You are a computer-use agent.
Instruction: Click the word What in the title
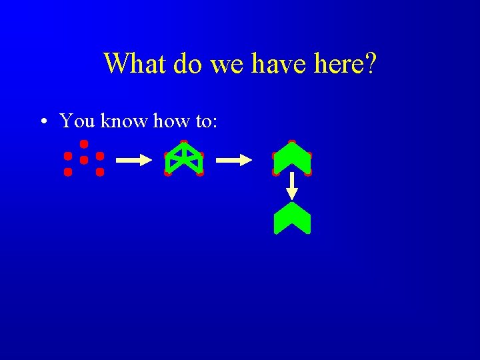click(x=135, y=64)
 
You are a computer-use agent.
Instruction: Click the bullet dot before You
click(x=43, y=122)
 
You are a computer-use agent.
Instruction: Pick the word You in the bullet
click(x=77, y=121)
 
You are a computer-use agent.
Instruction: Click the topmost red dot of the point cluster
click(x=84, y=144)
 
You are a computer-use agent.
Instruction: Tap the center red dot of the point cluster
click(x=84, y=160)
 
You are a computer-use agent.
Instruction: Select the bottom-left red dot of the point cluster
click(x=68, y=172)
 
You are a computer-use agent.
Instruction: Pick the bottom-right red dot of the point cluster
click(x=100, y=172)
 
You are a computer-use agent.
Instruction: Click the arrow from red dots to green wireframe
click(x=133, y=160)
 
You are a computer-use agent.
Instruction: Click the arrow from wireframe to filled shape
click(x=234, y=160)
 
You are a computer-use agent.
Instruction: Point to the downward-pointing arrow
click(x=291, y=187)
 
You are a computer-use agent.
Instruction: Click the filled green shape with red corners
click(x=292, y=158)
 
